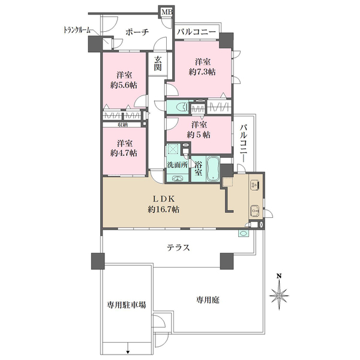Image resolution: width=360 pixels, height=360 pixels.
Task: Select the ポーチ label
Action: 136,33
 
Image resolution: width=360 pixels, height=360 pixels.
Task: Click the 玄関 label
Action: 157,64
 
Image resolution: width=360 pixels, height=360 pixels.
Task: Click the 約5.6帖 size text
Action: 124,85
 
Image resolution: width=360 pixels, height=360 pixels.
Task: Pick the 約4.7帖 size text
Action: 124,154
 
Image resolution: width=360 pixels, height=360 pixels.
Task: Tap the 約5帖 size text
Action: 200,135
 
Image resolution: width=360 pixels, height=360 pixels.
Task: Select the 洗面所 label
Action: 177,165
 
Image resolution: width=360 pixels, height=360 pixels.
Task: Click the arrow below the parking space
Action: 128,351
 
